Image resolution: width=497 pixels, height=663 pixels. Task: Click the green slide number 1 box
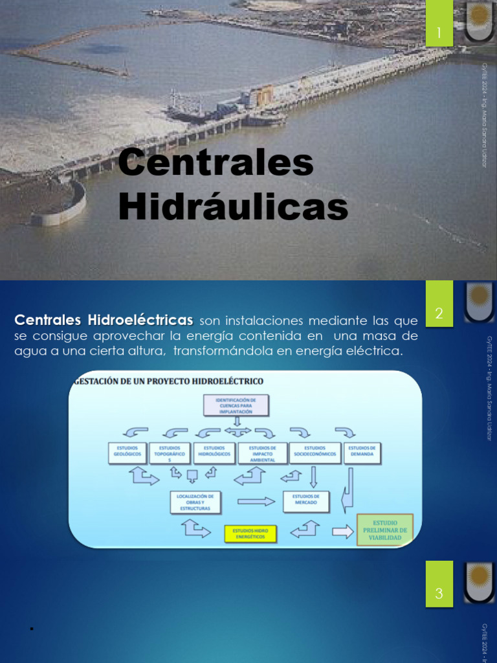tap(439, 32)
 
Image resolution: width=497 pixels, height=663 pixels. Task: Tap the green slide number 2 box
tap(439, 313)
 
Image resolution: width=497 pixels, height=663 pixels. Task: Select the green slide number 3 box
tap(439, 593)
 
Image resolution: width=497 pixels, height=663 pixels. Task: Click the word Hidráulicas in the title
tap(234, 208)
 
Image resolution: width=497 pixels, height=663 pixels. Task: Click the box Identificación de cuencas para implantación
tap(236, 406)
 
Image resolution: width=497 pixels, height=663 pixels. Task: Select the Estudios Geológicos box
tap(127, 453)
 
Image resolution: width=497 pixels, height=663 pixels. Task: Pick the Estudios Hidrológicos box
tap(214, 453)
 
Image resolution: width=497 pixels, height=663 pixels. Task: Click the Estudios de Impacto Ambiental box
tap(263, 454)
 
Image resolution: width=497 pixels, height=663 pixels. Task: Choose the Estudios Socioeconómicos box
tap(315, 453)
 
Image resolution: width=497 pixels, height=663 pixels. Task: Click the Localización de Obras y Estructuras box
tap(195, 502)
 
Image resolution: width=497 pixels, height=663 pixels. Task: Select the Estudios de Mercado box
tap(306, 500)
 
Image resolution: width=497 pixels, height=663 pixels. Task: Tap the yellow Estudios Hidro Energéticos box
tap(250, 534)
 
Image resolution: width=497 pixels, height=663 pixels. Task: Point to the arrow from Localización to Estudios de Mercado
tap(256, 501)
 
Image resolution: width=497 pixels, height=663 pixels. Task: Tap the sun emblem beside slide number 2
tap(480, 302)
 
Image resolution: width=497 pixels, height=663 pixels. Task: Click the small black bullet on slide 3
tap(31, 629)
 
